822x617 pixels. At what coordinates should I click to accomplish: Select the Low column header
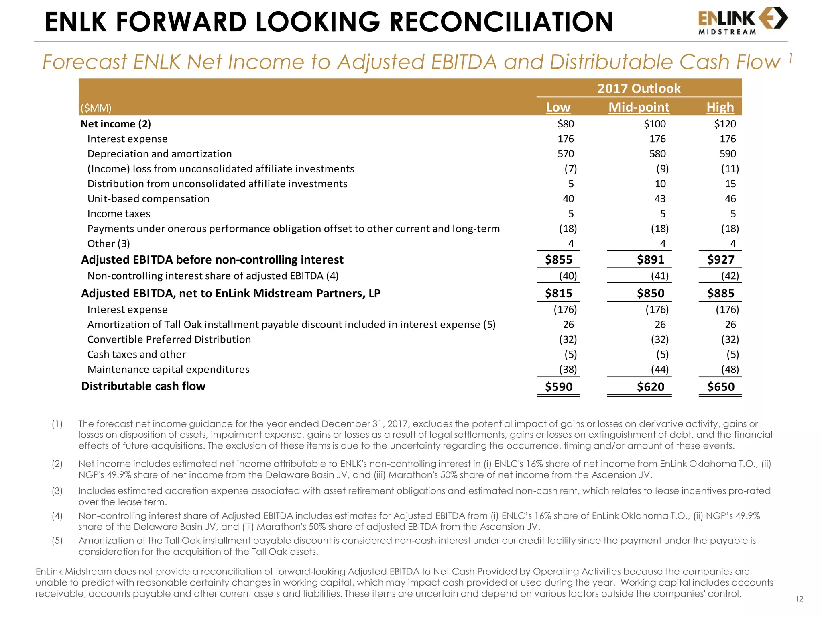tap(558, 107)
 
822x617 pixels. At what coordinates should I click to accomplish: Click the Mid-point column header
tap(639, 107)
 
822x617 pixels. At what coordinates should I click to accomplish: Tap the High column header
tap(720, 107)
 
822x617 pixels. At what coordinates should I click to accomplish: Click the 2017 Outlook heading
tap(639, 88)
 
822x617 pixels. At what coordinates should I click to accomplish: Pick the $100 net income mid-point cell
tap(655, 124)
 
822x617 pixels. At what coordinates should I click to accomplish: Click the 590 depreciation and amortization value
tap(727, 154)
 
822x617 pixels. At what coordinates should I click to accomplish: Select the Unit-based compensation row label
tap(148, 199)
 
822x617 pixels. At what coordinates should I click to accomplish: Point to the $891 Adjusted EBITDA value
tap(650, 259)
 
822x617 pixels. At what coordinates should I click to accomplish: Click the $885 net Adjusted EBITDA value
tap(720, 293)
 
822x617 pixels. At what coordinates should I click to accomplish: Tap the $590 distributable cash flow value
tap(558, 387)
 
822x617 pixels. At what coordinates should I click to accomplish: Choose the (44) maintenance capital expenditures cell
tap(659, 370)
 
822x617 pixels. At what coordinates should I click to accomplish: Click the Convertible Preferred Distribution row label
tap(169, 339)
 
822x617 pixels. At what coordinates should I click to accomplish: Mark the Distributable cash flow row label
tap(143, 386)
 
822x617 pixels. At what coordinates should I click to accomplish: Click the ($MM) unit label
tap(96, 108)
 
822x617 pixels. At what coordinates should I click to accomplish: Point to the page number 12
tap(799, 599)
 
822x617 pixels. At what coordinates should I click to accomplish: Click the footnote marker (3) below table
tap(57, 491)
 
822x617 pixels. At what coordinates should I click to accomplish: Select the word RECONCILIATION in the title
tap(501, 22)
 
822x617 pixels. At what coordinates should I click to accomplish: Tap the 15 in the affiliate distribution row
tap(730, 184)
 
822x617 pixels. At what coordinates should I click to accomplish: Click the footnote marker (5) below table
tap(57, 541)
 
